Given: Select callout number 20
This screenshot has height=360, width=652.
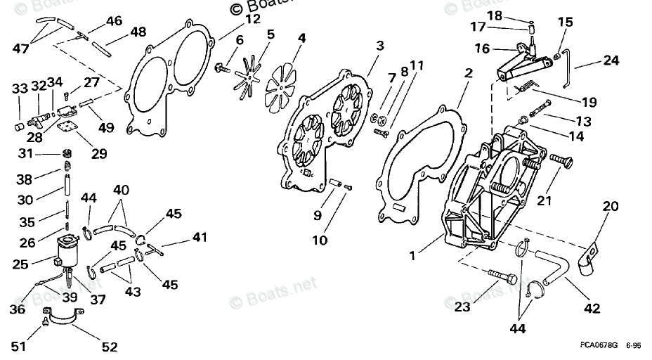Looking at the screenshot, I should (x=611, y=206).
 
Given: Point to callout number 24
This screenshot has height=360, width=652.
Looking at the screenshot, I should (x=611, y=60).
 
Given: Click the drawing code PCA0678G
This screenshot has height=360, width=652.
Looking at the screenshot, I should (x=599, y=345).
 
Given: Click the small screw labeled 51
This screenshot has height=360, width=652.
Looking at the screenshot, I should (x=45, y=321).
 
